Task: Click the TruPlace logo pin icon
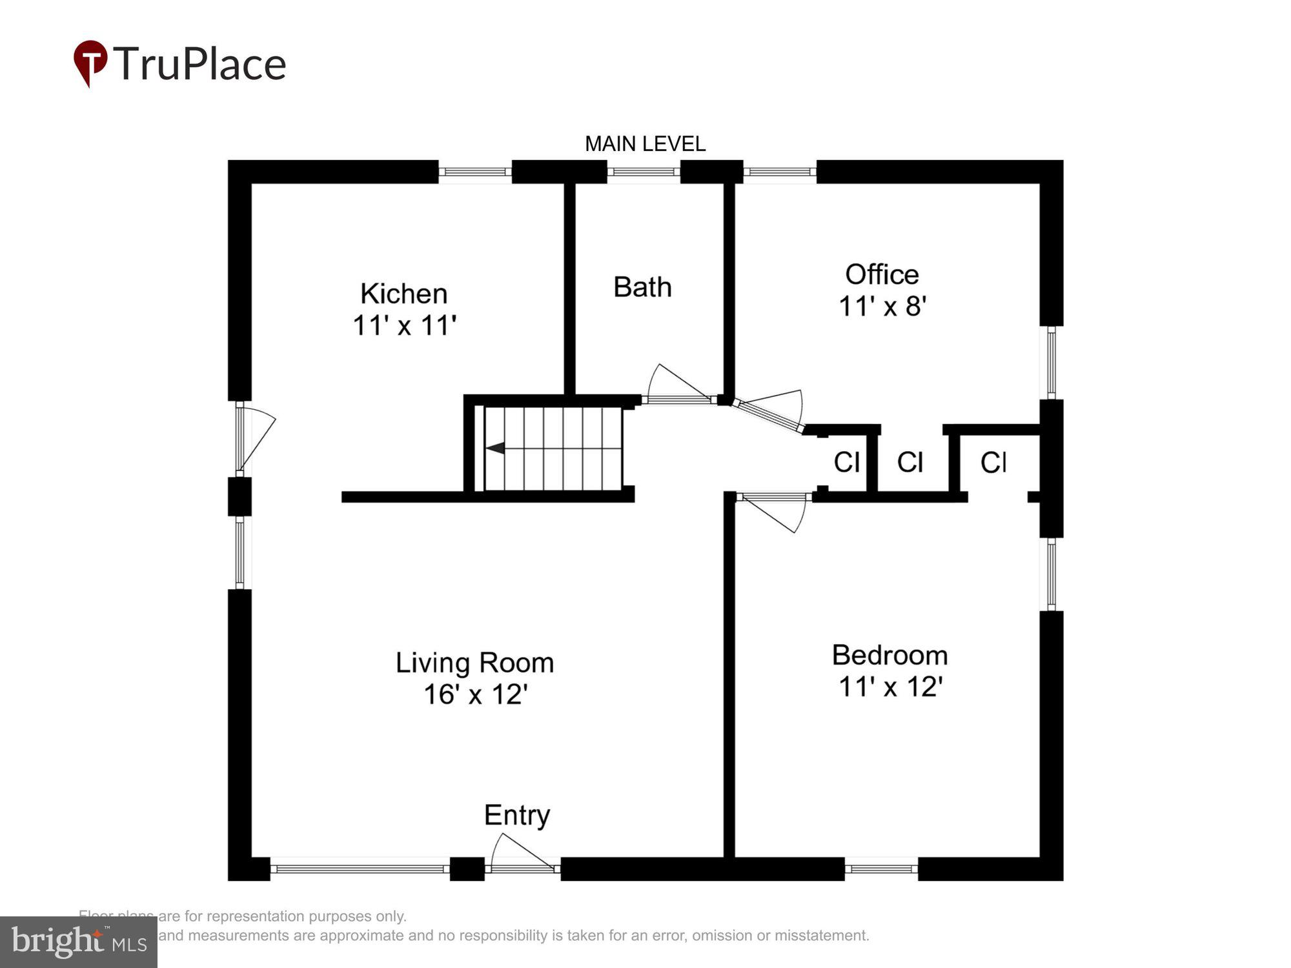pyautogui.click(x=90, y=62)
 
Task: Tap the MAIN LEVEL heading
pyautogui.click(x=645, y=144)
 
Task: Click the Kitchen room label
pyautogui.click(x=404, y=294)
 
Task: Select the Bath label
pyautogui.click(x=642, y=287)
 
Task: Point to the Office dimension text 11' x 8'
pyautogui.click(x=882, y=307)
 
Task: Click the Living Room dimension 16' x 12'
pyautogui.click(x=476, y=694)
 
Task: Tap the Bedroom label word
pyautogui.click(x=889, y=655)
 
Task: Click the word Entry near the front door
pyautogui.click(x=517, y=815)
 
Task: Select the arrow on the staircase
pyautogui.click(x=496, y=448)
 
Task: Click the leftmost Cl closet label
pyautogui.click(x=846, y=462)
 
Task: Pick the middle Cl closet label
pyautogui.click(x=910, y=462)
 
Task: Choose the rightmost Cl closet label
pyautogui.click(x=993, y=462)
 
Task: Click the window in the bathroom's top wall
pyautogui.click(x=644, y=172)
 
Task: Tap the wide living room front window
pyautogui.click(x=360, y=869)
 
